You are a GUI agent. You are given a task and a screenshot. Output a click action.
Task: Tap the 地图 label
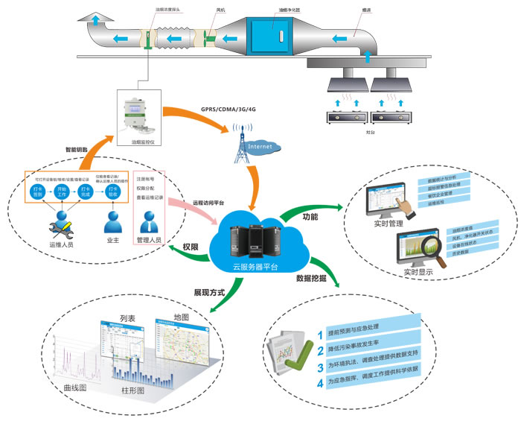click(179, 317)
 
